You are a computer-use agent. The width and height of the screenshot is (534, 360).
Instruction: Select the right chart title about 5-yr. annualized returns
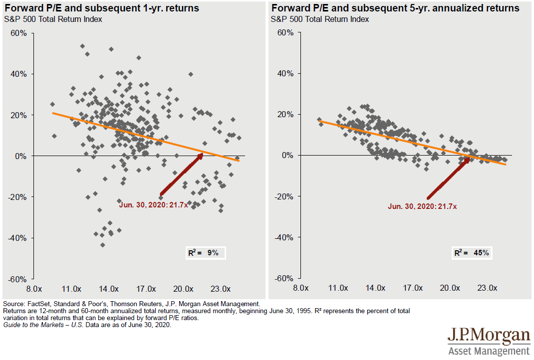pyautogui.click(x=395, y=8)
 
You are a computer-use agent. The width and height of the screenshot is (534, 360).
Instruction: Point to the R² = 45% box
pyautogui.click(x=472, y=253)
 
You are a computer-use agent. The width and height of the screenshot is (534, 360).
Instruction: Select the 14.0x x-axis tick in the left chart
pyautogui.click(x=109, y=289)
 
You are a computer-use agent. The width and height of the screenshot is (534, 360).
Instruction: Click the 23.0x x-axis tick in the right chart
pyautogui.click(x=487, y=288)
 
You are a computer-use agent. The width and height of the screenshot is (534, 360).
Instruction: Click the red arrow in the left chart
pyautogui.click(x=181, y=175)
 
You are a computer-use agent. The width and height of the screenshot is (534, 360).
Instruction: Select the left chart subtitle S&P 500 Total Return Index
pyautogui.click(x=52, y=19)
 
